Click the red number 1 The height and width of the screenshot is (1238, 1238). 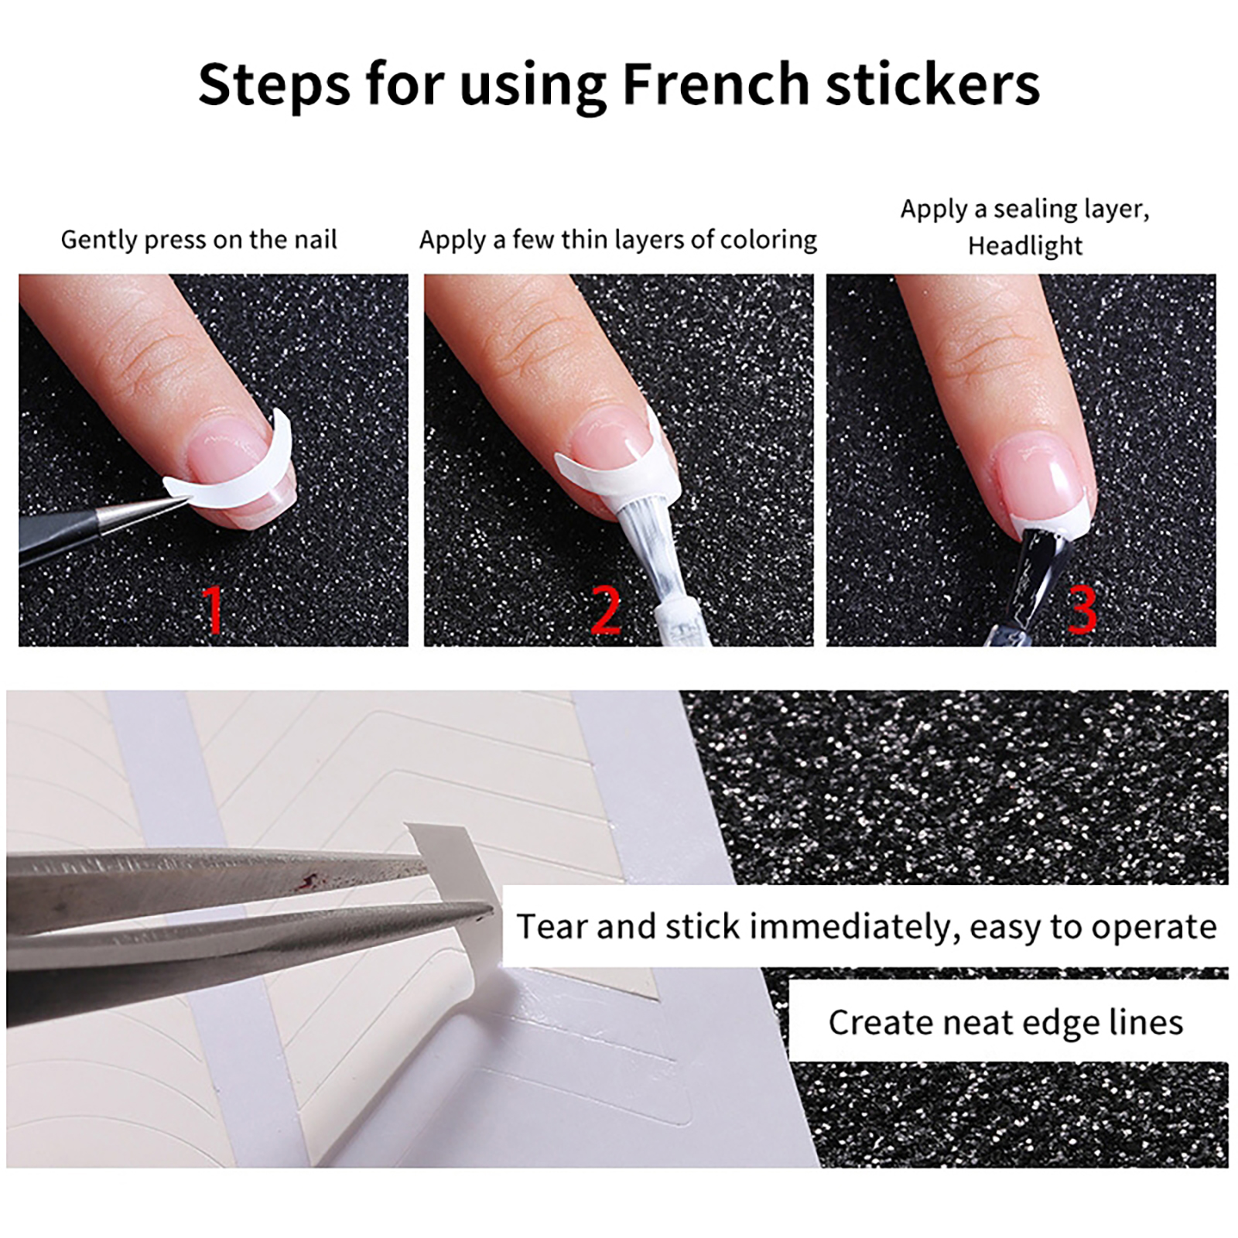click(213, 610)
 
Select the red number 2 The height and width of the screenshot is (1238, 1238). click(606, 610)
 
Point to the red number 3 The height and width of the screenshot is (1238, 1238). click(1082, 610)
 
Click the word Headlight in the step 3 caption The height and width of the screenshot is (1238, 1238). click(1025, 246)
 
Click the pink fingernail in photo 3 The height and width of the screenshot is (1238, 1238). click(1045, 480)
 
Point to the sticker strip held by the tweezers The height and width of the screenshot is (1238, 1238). click(457, 913)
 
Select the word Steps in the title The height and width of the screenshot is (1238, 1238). click(274, 85)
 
